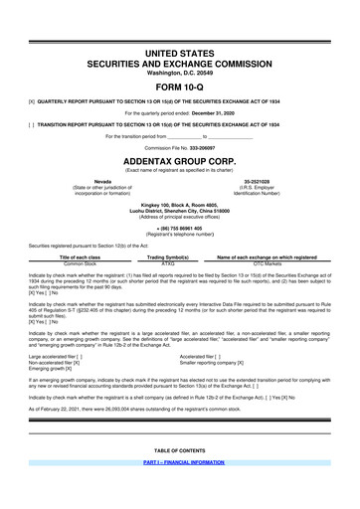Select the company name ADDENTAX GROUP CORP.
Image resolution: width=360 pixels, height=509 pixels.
pos(179,158)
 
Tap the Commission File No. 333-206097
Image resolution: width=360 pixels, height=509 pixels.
pos(179,145)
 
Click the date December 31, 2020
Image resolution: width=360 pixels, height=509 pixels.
pos(219,113)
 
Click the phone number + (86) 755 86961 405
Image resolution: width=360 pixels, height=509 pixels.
pos(179,227)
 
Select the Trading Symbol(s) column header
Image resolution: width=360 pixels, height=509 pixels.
pos(182,256)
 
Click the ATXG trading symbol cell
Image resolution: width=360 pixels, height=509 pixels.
pos(182,263)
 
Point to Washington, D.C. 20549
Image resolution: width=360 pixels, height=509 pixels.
pos(179,72)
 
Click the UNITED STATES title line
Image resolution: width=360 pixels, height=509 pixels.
pos(179,50)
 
